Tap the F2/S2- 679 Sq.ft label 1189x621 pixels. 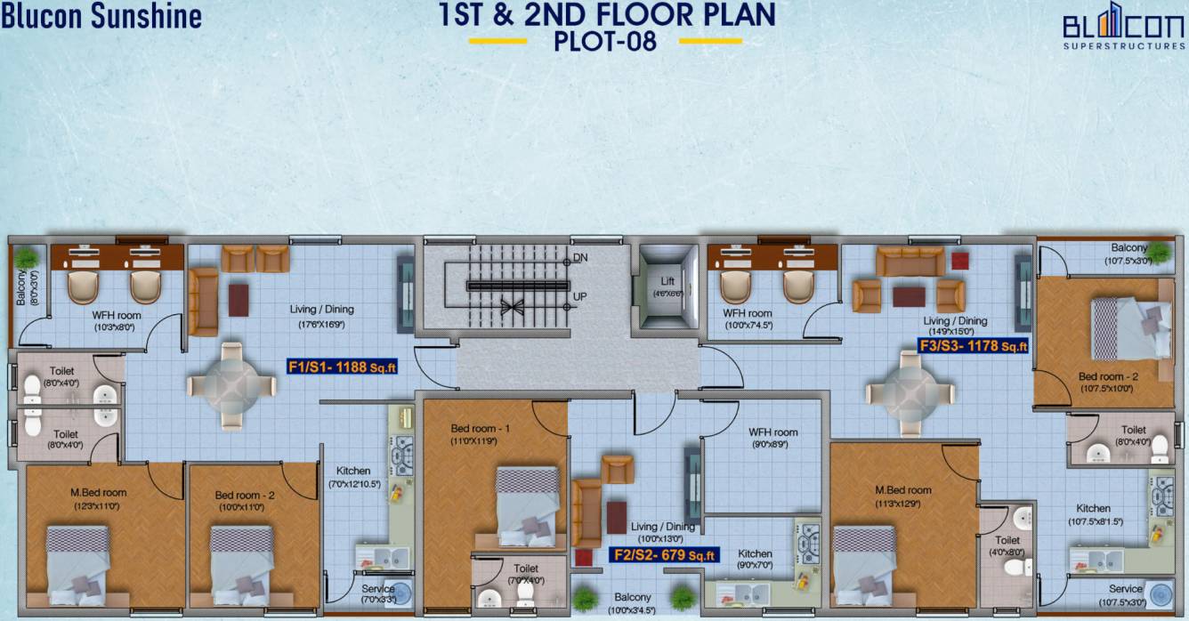[x=663, y=555]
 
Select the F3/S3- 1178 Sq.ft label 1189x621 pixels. [x=974, y=345]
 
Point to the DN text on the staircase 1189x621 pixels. [x=580, y=258]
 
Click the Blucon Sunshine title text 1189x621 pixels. [x=101, y=16]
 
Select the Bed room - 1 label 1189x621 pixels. [x=480, y=429]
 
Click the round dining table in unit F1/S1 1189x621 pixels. [x=231, y=385]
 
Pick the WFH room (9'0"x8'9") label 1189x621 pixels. [x=772, y=438]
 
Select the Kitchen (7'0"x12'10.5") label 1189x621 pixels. [x=353, y=477]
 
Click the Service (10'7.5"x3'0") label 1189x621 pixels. [x=1126, y=594]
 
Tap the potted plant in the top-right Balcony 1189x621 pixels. [x=1158, y=251]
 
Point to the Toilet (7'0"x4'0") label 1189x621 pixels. [x=525, y=574]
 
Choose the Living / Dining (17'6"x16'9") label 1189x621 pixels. [x=321, y=316]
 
